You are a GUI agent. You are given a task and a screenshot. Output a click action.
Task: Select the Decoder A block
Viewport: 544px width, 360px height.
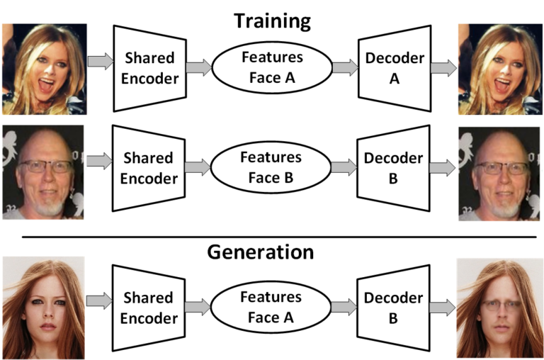395,68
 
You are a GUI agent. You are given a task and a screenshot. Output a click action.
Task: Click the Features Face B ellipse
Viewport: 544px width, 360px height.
271,167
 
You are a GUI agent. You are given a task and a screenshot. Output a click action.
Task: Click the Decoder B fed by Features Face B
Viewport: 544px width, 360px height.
395,168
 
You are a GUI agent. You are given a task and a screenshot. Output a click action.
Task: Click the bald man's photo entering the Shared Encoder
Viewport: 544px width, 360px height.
43,172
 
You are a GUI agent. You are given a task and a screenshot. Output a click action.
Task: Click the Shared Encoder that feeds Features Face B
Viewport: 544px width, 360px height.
149,168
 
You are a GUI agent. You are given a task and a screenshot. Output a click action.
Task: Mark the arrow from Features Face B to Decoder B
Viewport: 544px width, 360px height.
344,168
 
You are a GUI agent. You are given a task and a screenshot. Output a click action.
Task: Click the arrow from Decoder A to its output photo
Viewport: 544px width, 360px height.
443,68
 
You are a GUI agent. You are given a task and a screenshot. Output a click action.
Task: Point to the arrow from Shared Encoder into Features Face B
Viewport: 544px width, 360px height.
198,168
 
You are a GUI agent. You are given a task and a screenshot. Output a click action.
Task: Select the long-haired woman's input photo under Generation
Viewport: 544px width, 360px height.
43,308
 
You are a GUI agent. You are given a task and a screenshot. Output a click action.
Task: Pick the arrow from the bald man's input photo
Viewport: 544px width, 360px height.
98,162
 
